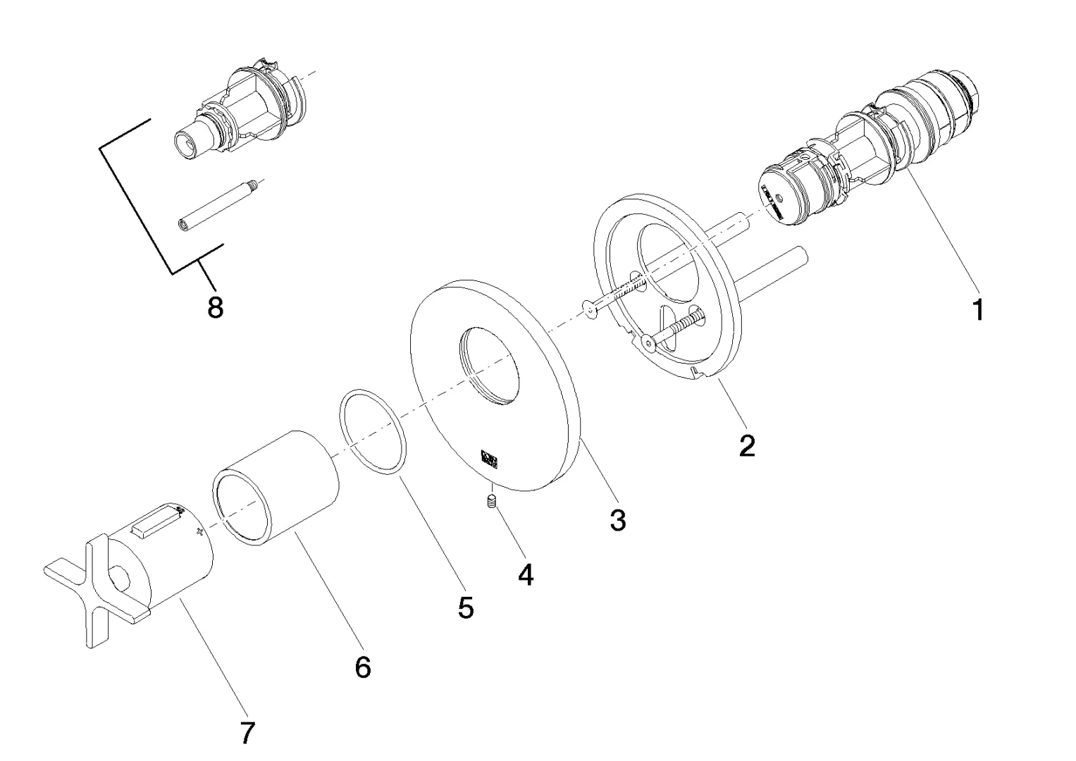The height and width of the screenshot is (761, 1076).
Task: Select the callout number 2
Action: (x=747, y=445)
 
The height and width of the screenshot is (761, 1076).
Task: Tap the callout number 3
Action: (x=617, y=521)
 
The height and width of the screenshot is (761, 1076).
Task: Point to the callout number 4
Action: (x=526, y=575)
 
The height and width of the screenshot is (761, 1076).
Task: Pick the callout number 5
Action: (x=465, y=607)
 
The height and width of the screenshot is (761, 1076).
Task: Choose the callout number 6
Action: (x=362, y=667)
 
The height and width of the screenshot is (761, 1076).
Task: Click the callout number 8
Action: (x=216, y=307)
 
